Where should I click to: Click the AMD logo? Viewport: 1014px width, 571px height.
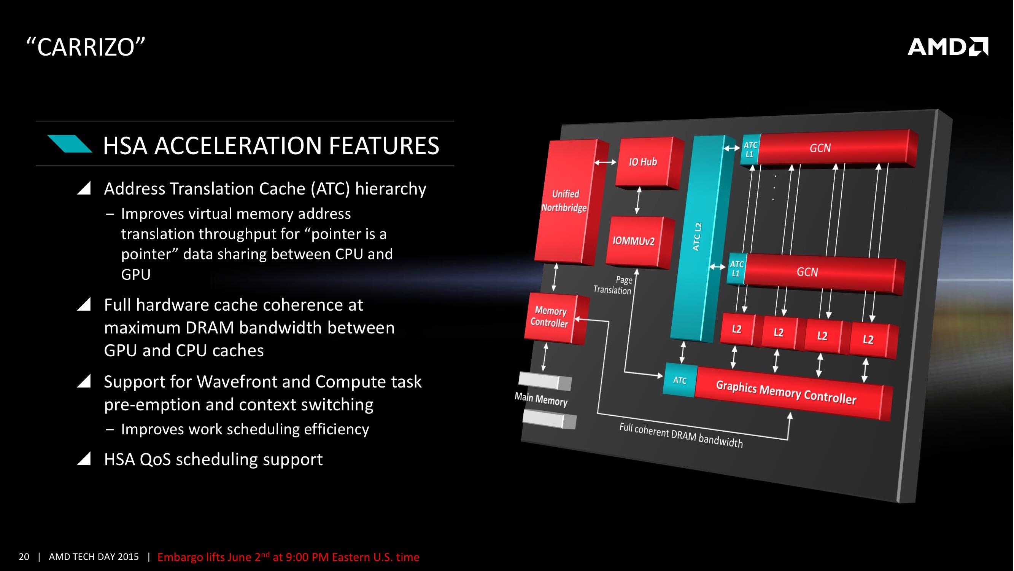[x=947, y=47]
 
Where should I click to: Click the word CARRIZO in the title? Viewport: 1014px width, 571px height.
[x=86, y=47]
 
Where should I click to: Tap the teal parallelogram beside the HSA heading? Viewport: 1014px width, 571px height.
[x=70, y=144]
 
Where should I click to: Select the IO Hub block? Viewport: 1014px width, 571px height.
[x=643, y=162]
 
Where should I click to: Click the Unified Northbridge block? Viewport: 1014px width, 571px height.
[x=565, y=201]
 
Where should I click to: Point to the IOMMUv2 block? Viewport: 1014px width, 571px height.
[x=633, y=241]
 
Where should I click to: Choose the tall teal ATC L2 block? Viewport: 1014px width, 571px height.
[x=698, y=236]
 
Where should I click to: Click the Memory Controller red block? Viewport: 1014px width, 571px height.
[x=550, y=317]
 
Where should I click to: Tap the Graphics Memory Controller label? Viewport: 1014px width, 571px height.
[x=786, y=392]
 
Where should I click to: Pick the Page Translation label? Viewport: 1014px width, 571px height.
[x=613, y=285]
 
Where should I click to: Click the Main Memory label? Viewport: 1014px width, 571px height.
[x=541, y=399]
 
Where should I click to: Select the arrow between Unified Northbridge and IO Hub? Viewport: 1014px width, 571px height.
[x=605, y=163]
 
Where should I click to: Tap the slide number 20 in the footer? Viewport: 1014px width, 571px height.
[x=24, y=557]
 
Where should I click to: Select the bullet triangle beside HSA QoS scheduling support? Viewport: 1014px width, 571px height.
[x=84, y=459]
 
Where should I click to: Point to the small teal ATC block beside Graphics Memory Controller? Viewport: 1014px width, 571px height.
[x=680, y=380]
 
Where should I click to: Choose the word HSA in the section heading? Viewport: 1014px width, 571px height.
[x=126, y=146]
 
